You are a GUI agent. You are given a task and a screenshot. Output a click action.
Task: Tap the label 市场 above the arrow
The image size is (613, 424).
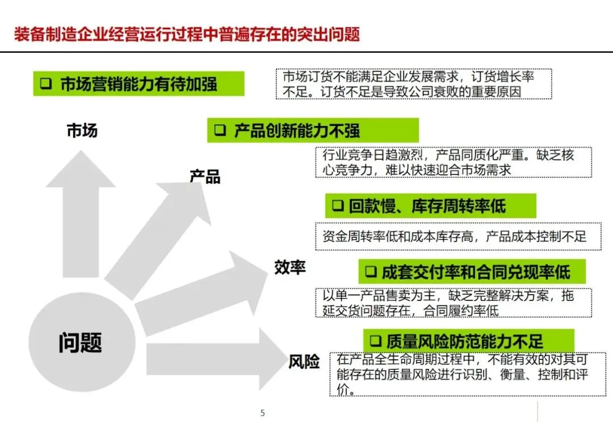[x=82, y=131]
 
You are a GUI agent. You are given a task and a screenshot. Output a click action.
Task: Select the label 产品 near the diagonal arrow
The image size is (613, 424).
[x=205, y=177]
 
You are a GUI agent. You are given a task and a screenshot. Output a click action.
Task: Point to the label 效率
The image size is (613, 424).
[x=290, y=267]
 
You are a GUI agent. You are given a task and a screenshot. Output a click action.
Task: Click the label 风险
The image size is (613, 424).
[x=304, y=362]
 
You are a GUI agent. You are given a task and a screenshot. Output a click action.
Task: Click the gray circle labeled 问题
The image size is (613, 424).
[x=80, y=342]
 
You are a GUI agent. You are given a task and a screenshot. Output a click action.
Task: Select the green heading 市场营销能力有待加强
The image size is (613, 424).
[x=138, y=85]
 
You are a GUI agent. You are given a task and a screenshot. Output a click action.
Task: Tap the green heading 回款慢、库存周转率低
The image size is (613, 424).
[x=430, y=206]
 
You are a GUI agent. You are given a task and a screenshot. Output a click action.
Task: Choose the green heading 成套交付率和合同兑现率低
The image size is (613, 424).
[x=472, y=272]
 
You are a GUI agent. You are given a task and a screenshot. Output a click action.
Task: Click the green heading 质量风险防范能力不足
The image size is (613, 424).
[x=468, y=341]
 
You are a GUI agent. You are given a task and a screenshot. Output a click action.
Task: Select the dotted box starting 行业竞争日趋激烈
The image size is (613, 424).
[x=453, y=162]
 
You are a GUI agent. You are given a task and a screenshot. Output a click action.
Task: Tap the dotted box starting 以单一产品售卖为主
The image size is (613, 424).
[x=453, y=303]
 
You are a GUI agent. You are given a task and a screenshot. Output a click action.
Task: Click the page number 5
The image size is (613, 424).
[x=262, y=413]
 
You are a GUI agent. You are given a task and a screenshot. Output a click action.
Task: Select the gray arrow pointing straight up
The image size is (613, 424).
[x=81, y=216]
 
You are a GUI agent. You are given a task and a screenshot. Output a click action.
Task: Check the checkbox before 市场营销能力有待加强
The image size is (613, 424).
[x=45, y=85]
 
